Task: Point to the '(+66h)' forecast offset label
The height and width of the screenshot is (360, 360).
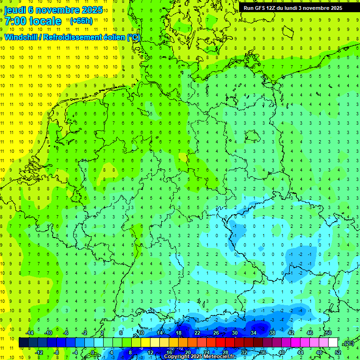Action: (81, 21)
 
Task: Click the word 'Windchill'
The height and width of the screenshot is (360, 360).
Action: (22, 37)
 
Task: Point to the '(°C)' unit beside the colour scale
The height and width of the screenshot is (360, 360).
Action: (348, 343)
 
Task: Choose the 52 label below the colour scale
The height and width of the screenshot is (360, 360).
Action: (338, 352)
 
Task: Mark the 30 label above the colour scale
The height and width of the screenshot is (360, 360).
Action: (234, 333)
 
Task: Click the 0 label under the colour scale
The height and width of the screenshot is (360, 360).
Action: (93, 352)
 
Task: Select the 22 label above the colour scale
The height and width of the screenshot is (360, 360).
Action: (197, 333)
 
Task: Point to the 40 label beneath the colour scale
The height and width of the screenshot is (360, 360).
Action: (281, 352)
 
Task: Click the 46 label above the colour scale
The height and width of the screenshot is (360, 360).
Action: (309, 333)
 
